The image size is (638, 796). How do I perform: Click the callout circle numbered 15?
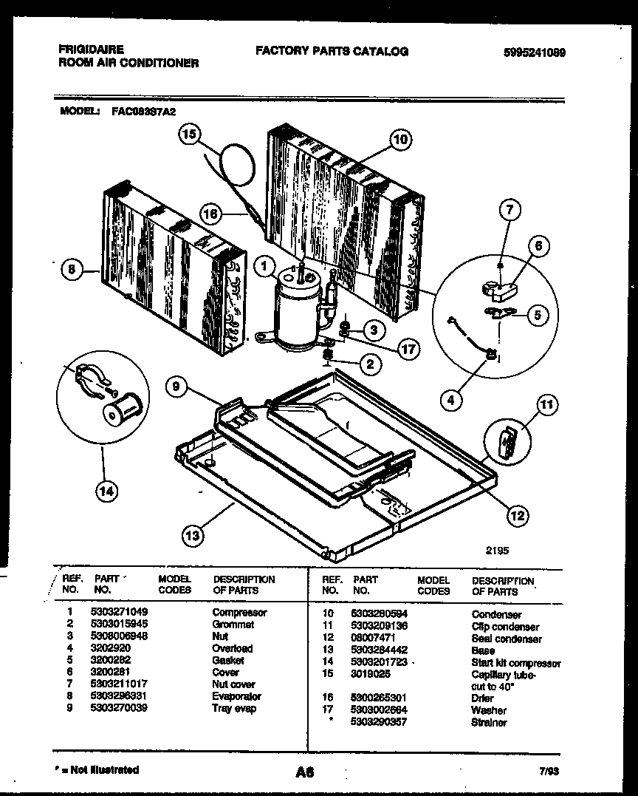[189, 135]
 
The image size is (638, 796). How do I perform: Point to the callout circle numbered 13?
[193, 536]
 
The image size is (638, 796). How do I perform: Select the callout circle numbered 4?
[451, 400]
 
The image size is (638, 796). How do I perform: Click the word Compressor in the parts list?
[239, 612]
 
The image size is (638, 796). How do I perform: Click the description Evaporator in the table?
[236, 696]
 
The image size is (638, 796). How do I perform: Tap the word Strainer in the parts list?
[489, 722]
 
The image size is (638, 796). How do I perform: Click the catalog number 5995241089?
[530, 52]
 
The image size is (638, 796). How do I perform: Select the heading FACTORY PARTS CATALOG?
[332, 51]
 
